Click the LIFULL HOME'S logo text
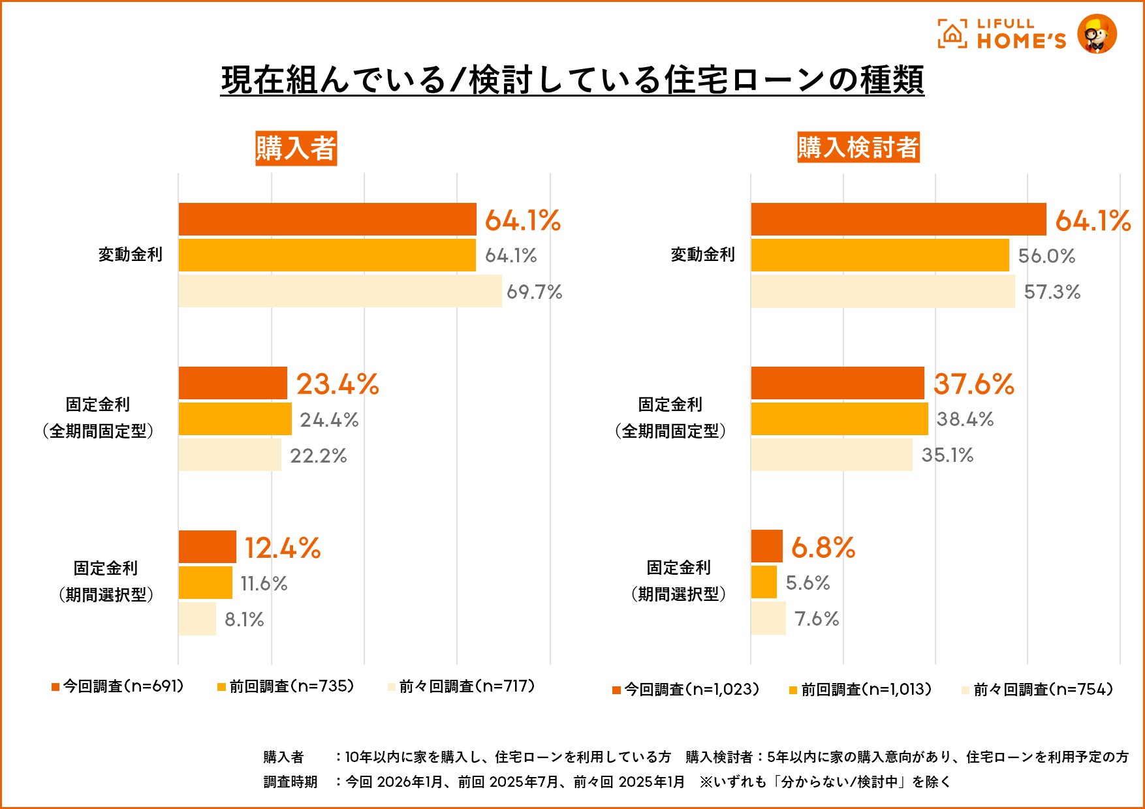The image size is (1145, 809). [x=1020, y=34]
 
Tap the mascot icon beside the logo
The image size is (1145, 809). [x=1097, y=34]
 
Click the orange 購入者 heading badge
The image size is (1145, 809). [x=296, y=148]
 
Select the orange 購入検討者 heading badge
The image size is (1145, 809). [x=858, y=147]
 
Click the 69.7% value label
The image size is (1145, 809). [x=534, y=292]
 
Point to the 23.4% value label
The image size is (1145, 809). [x=337, y=384]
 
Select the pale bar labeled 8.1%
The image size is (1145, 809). [x=197, y=618]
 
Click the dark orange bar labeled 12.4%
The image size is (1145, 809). [x=208, y=547]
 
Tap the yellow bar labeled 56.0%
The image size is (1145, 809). [x=880, y=255]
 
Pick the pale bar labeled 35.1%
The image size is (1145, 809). [x=832, y=455]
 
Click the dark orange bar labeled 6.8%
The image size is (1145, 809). [x=766, y=546]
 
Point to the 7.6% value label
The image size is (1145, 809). [x=817, y=618]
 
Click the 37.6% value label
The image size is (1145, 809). [x=974, y=384]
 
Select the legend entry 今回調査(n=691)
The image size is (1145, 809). [x=118, y=686]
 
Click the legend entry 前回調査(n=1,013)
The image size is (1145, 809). [x=860, y=690]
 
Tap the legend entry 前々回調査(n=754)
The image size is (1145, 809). [x=1037, y=690]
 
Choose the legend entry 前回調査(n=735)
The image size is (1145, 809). [x=286, y=686]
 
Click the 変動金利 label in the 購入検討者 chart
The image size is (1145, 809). [x=703, y=254]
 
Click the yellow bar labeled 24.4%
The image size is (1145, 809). [x=235, y=419]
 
